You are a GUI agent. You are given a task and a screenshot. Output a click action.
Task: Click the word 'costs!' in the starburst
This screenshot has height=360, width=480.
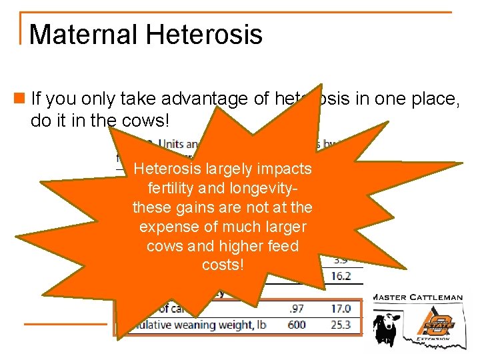tap(223, 265)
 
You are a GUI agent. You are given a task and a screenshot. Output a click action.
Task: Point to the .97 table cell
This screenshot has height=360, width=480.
tap(297, 308)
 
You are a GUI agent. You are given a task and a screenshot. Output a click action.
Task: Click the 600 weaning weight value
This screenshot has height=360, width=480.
tap(297, 325)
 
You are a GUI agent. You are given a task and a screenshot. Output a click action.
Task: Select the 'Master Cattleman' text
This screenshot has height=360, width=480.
tap(417, 297)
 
